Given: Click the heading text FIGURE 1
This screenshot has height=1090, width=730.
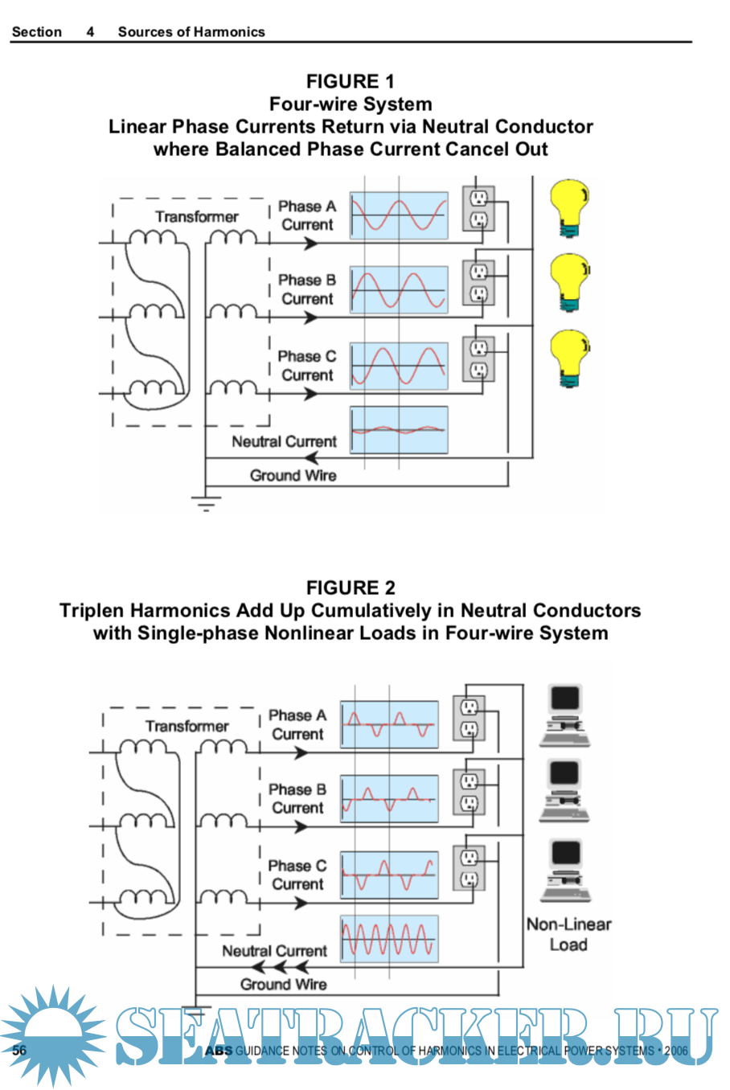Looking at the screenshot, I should pyautogui.click(x=351, y=81).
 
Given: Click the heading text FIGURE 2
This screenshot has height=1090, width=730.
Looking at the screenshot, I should pyautogui.click(x=351, y=588).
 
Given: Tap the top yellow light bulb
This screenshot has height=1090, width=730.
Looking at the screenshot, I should pyautogui.click(x=570, y=208).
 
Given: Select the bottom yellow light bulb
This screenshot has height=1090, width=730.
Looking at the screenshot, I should pyautogui.click(x=570, y=359).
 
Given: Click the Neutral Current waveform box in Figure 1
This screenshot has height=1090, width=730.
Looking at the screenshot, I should pyautogui.click(x=399, y=430).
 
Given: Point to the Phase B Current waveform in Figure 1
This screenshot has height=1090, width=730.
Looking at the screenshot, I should pyautogui.click(x=399, y=290).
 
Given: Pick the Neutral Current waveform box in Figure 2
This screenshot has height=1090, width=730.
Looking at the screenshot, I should pyautogui.click(x=389, y=939).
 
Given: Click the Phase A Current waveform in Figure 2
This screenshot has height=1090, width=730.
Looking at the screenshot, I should pyautogui.click(x=389, y=724).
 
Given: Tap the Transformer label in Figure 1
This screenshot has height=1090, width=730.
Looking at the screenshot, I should pyautogui.click(x=197, y=217).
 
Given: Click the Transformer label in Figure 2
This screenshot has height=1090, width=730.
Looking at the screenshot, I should pyautogui.click(x=187, y=727).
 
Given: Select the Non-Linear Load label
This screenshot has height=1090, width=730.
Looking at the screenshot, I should pyautogui.click(x=568, y=934).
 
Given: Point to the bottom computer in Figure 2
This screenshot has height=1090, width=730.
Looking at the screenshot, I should pyautogui.click(x=566, y=870).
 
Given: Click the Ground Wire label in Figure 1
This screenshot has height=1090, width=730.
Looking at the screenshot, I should pyautogui.click(x=293, y=476).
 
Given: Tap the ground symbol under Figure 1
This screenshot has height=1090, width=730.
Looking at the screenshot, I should pyautogui.click(x=206, y=503).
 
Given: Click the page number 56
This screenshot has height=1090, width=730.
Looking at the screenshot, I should pyautogui.click(x=19, y=1051).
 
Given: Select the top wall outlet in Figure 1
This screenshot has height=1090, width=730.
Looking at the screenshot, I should pyautogui.click(x=478, y=208).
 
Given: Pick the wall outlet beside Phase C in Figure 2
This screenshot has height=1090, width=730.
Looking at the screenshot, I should pyautogui.click(x=469, y=868).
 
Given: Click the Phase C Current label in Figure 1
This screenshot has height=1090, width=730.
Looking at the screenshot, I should pyautogui.click(x=306, y=366).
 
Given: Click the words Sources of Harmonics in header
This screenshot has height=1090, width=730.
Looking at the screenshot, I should pyautogui.click(x=191, y=32).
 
